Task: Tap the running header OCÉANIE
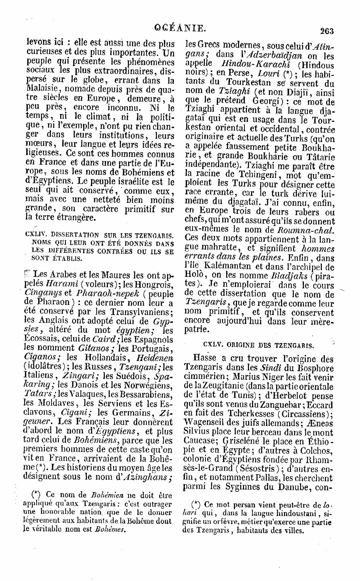tap(180, 27)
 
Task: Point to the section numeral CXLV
tap(213, 345)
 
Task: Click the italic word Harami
tap(61, 284)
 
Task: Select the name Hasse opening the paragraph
tap(204, 359)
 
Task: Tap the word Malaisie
tap(42, 89)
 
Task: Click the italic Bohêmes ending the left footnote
tap(110, 529)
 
